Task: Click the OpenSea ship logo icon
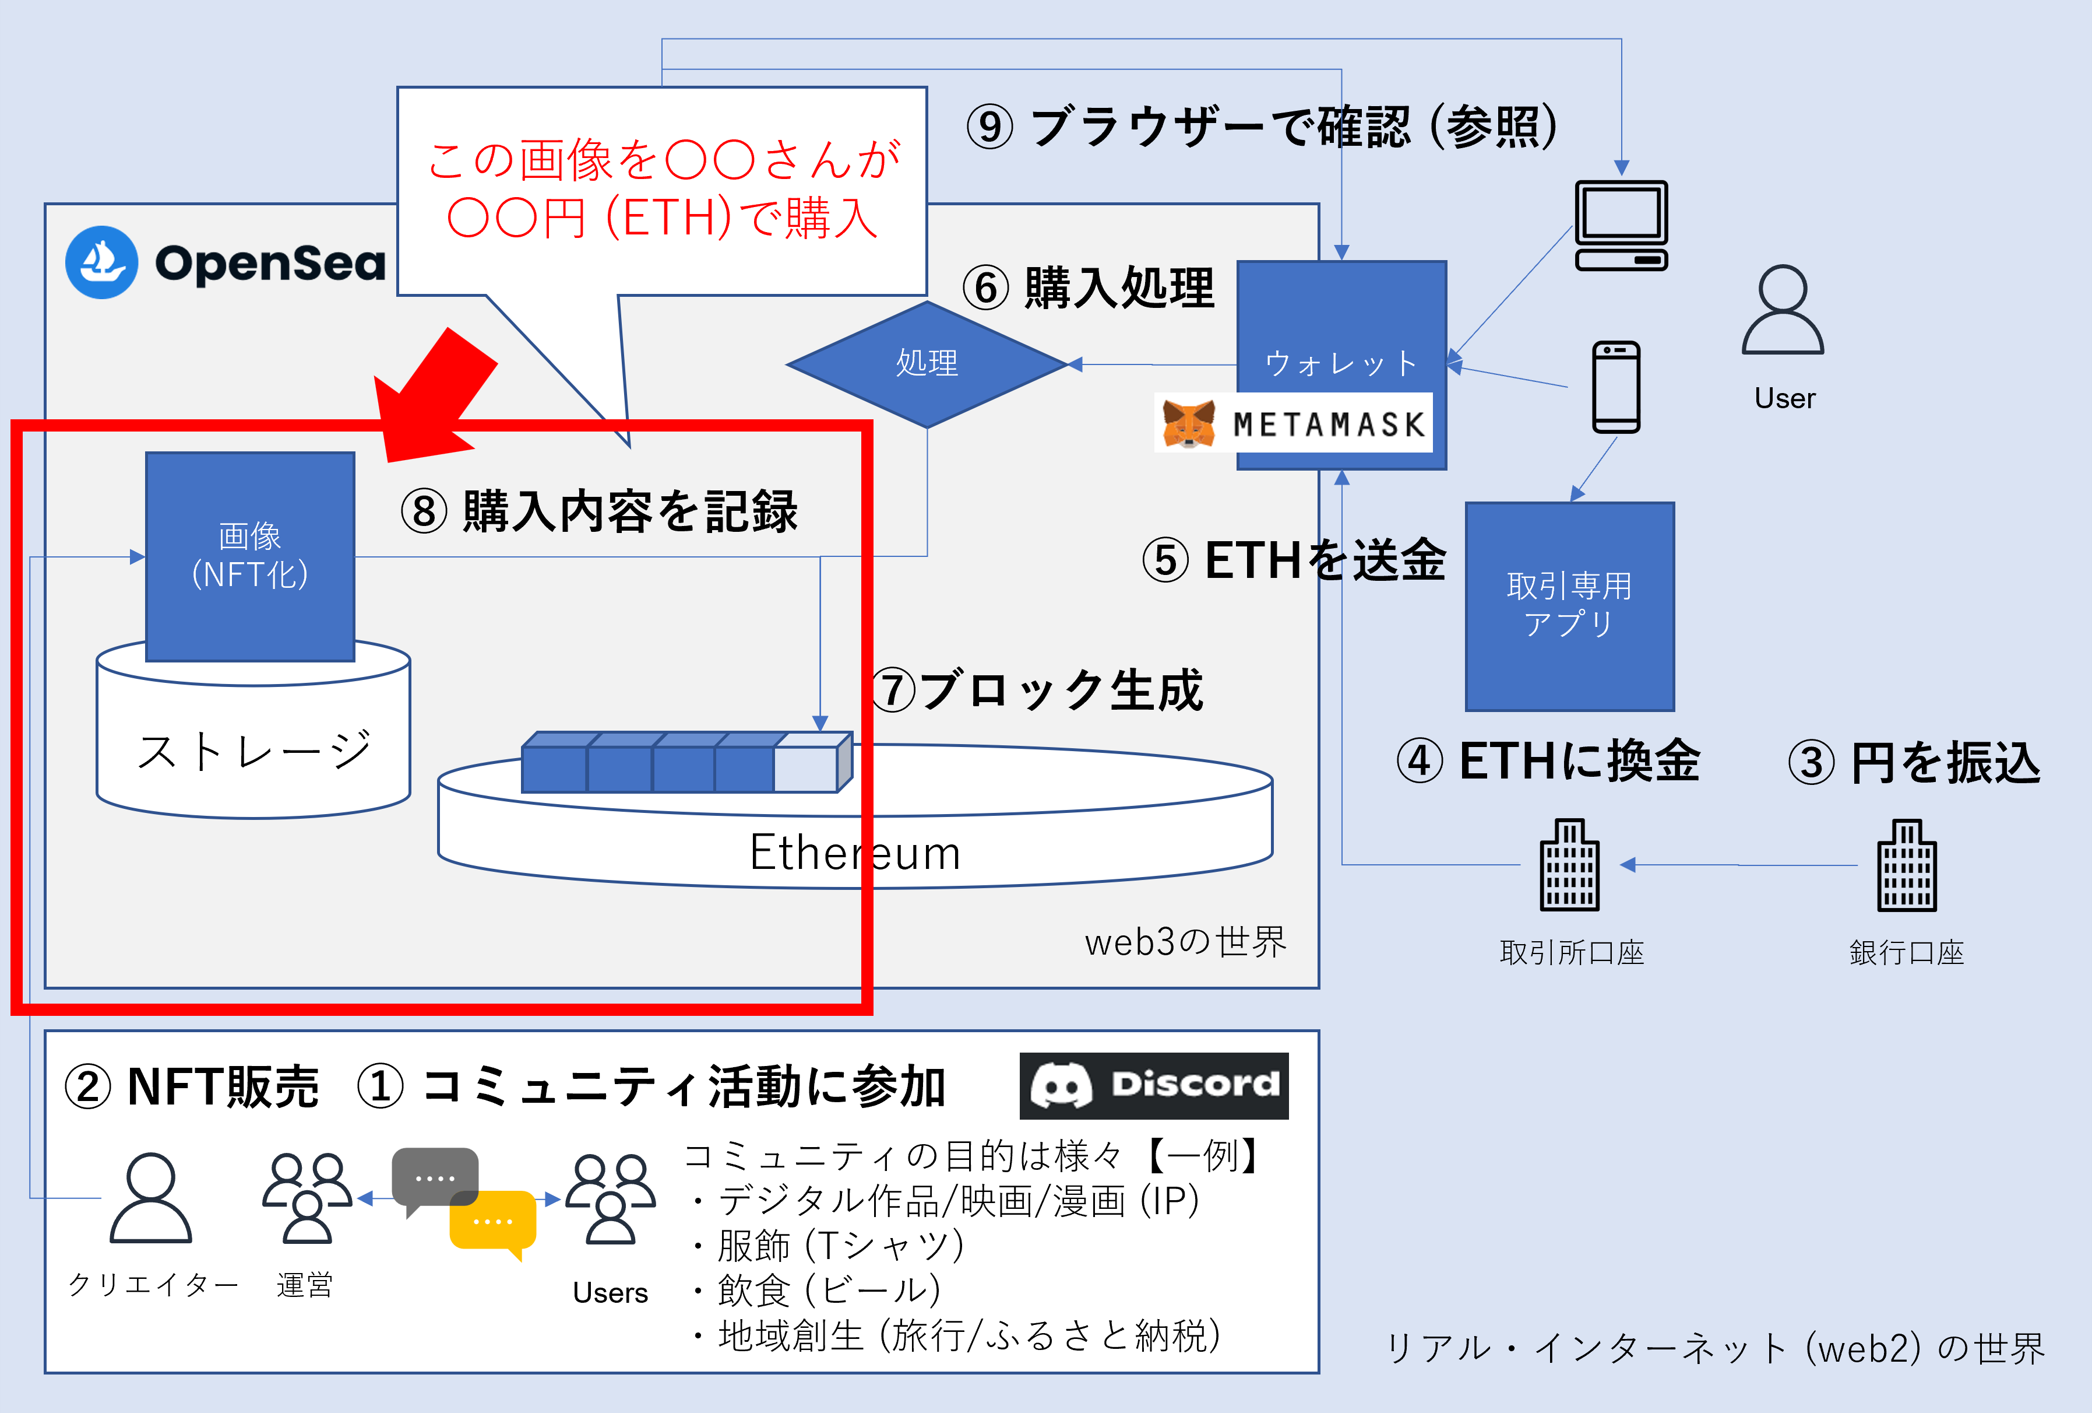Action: coord(102,262)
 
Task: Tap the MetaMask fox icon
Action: coord(1188,423)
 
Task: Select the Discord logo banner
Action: coord(1153,1085)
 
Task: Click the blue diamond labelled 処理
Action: coord(927,364)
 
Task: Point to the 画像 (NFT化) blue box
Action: coord(250,556)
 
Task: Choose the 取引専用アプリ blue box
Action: coord(1569,606)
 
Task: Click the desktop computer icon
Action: coord(1621,225)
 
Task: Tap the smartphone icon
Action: coord(1616,387)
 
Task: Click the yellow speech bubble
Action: coord(492,1223)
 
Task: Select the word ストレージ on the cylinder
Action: coord(254,751)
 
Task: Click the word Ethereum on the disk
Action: coord(855,852)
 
